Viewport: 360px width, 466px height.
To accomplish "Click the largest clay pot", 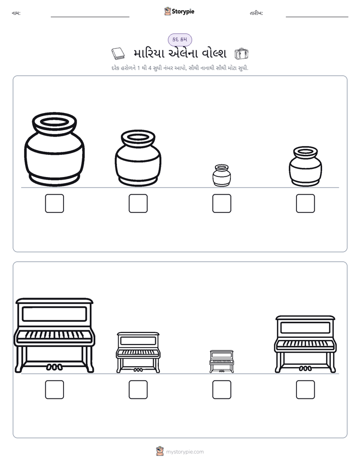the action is point(54,149).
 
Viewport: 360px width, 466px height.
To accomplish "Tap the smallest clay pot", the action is point(221,176).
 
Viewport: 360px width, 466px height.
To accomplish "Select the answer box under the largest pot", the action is point(54,204).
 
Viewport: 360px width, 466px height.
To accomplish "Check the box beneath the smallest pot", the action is point(221,204).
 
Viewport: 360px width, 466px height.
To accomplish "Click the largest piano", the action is point(54,335).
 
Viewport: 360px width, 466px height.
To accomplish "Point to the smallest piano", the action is point(221,362).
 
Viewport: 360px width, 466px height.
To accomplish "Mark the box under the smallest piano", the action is point(221,390).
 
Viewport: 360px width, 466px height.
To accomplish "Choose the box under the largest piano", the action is point(54,390).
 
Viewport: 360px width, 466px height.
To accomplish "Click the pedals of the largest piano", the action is point(54,367).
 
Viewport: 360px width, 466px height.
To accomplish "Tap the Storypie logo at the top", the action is point(179,11).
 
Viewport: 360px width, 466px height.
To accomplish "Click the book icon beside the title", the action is point(118,53).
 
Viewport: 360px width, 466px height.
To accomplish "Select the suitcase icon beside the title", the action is point(241,53).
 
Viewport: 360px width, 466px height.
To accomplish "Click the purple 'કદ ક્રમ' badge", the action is point(179,39).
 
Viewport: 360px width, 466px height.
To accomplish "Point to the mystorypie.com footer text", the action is point(185,452).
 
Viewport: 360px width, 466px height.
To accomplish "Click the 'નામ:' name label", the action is point(16,13).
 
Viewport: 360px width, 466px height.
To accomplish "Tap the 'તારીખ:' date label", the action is point(256,13).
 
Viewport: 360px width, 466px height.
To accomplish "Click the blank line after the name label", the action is point(90,17).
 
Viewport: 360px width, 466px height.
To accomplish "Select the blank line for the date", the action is point(317,17).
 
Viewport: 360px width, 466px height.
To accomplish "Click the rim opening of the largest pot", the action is point(54,122).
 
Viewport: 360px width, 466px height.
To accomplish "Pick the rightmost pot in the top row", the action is point(306,166).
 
